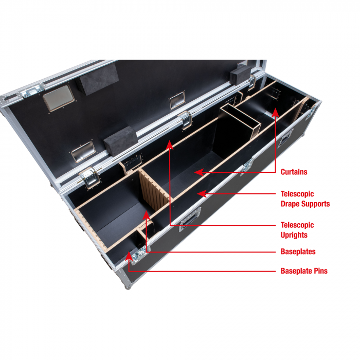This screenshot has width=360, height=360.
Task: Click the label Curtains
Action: [294, 171]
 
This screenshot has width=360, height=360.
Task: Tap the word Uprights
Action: [294, 235]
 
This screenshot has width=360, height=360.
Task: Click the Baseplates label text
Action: [298, 251]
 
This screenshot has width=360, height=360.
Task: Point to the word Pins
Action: [318, 271]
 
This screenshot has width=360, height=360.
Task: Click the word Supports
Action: [317, 204]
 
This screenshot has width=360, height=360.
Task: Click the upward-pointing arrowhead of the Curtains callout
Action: [275, 112]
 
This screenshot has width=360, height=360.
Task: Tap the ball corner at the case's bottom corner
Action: [129, 286]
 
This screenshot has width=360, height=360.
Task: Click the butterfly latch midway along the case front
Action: [248, 165]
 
